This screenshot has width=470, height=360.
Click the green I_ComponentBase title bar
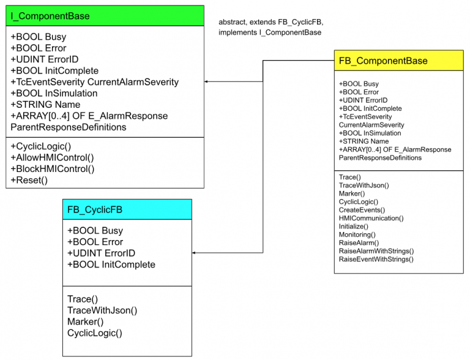(105, 16)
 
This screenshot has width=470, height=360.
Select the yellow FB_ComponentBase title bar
(398, 61)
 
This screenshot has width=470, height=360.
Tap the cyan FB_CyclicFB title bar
(127, 209)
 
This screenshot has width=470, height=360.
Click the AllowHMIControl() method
(52, 157)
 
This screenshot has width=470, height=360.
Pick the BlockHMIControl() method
(52, 168)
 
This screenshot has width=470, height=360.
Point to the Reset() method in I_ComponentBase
(29, 180)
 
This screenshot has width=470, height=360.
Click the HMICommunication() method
(371, 218)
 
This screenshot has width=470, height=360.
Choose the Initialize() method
(355, 227)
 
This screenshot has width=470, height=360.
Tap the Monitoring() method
(357, 234)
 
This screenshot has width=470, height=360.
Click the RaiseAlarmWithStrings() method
(376, 251)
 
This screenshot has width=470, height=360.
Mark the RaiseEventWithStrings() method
(376, 259)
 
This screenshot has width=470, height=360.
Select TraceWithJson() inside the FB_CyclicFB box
(102, 310)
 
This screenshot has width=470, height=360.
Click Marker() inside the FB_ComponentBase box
(352, 193)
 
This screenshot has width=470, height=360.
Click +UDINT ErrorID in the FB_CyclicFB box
(101, 253)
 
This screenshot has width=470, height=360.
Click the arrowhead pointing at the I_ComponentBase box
(207, 81)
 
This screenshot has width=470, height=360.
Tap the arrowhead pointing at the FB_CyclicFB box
(195, 253)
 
